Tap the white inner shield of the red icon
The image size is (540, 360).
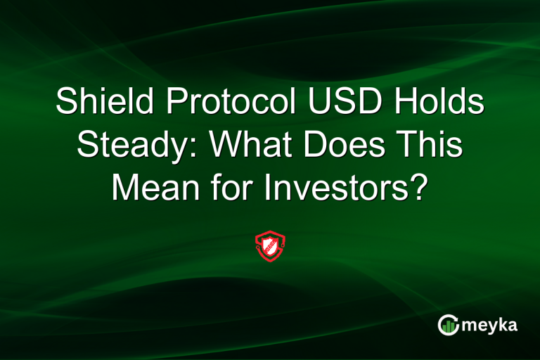[270, 246]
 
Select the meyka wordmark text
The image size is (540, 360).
[491, 325]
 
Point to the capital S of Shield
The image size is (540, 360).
[68, 103]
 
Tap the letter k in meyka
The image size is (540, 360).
[504, 324]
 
